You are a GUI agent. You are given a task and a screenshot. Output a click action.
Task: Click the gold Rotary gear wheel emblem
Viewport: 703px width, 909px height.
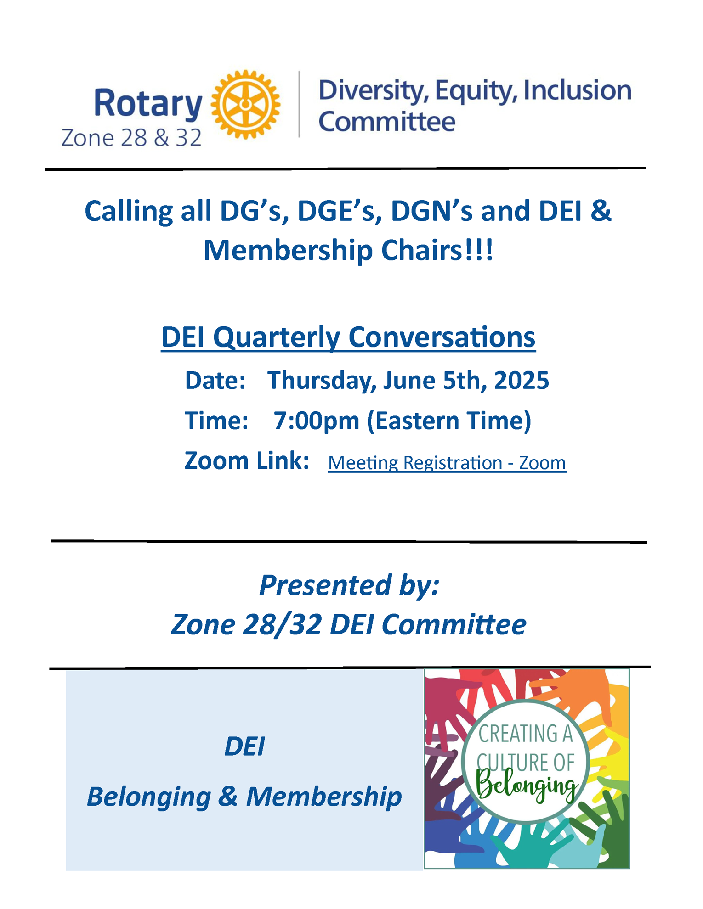245,104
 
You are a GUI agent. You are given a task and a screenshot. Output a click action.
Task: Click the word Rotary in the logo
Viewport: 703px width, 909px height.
148,103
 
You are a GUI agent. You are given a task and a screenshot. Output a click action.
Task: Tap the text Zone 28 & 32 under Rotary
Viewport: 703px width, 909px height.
131,138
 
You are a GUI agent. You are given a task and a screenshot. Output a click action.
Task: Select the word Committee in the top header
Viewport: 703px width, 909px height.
387,122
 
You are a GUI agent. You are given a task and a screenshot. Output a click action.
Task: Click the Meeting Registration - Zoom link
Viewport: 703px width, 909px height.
447,463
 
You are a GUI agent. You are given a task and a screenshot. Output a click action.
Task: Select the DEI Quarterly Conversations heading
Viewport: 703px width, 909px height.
348,337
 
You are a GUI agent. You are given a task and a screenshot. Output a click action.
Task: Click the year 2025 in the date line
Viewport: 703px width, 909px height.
521,380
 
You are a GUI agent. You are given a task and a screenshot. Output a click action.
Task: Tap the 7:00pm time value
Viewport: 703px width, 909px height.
316,421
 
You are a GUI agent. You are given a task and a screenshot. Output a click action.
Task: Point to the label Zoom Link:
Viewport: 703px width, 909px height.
247,460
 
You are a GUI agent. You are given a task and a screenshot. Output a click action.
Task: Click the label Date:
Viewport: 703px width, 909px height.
215,381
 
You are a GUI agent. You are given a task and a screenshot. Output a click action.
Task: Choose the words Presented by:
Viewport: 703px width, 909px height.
349,585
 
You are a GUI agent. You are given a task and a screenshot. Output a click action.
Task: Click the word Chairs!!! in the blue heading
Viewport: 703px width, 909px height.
437,251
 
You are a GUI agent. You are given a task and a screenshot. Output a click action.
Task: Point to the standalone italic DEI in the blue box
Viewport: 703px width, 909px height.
244,746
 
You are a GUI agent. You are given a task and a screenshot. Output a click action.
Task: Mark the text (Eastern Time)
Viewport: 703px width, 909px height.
449,421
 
